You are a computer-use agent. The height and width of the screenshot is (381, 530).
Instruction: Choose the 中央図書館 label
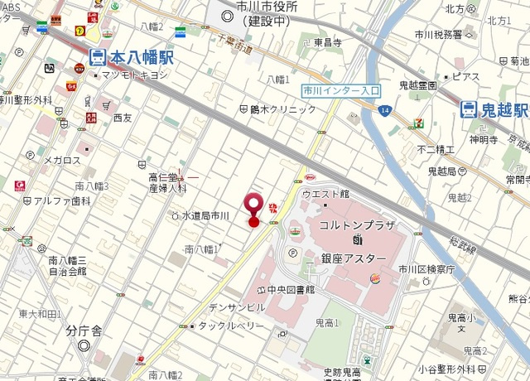point(291,290)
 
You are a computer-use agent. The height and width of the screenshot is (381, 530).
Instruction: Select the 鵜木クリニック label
point(277,109)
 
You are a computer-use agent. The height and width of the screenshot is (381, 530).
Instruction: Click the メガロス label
point(63,160)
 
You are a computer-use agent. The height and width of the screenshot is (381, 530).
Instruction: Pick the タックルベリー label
point(231,326)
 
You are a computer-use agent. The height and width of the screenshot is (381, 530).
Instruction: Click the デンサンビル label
point(237,306)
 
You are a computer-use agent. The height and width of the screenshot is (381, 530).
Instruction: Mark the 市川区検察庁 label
point(426,269)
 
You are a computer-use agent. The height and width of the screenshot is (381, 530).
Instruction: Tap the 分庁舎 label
point(84,330)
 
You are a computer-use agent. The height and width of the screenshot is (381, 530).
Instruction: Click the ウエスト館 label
point(325,194)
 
